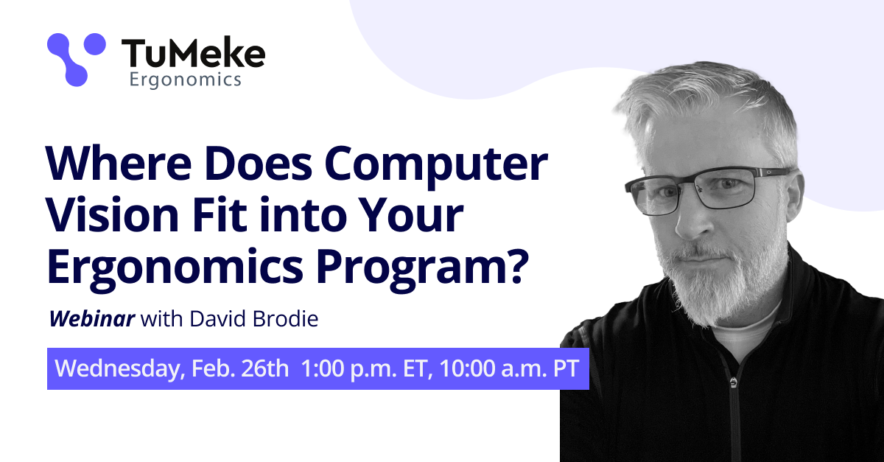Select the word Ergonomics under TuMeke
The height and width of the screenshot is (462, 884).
point(185,80)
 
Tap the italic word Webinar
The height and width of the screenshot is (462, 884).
point(91,320)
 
